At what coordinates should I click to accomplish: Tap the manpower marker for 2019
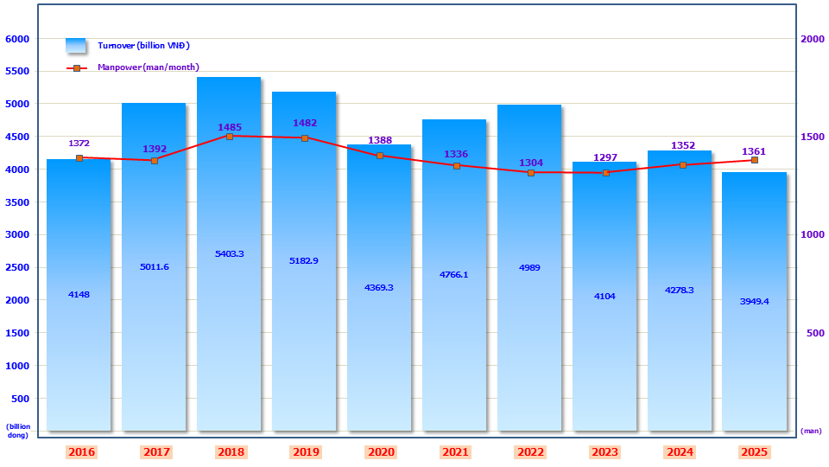pos(305,138)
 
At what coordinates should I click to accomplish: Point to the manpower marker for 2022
pos(530,173)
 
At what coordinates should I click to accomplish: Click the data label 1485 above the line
pos(230,127)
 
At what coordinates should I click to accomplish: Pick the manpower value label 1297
pos(605,157)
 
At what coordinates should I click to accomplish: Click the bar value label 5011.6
pos(154,266)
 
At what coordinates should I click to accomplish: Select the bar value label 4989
pos(529,267)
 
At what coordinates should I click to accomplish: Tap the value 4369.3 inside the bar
pos(379,287)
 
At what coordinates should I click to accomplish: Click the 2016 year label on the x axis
pos(81,452)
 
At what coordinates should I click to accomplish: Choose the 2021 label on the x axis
pos(455,452)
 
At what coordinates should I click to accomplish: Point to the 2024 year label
pos(680,452)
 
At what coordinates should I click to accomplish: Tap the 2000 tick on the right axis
pos(813,39)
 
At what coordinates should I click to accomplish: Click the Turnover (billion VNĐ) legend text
pos(143,45)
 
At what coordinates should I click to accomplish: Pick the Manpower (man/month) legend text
pos(149,67)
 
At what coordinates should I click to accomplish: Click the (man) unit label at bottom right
pos(811,431)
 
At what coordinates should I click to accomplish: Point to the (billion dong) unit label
pos(18,431)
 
